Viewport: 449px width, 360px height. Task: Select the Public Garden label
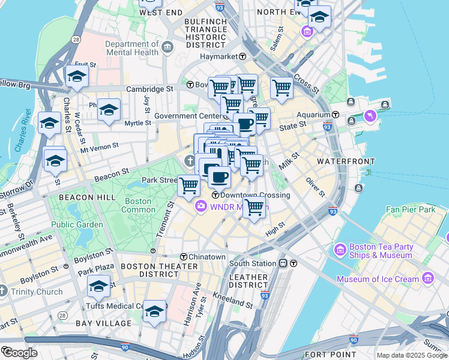point(77,225)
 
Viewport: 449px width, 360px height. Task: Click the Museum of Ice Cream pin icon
point(428,278)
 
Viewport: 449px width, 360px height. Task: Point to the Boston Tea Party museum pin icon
point(340,248)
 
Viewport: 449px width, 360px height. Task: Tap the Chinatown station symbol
point(184,257)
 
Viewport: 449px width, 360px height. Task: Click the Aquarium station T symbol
point(336,115)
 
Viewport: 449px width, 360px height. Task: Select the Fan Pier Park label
point(411,209)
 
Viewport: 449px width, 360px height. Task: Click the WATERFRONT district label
point(346,162)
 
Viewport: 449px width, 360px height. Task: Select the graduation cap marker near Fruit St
point(77,76)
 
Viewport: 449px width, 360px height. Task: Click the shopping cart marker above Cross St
point(282,88)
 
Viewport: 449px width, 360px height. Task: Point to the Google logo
point(20,353)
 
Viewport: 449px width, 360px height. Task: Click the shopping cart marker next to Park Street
point(189,186)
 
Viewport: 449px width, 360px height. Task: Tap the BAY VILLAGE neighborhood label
point(103,323)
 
